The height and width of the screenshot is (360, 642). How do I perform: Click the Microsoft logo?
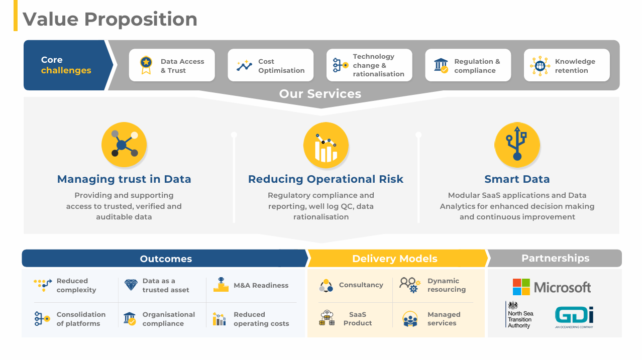(x=552, y=287)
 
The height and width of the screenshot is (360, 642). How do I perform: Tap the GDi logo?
(x=574, y=317)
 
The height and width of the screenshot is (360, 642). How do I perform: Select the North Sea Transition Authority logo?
(x=519, y=314)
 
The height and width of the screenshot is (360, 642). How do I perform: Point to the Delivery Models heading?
(x=395, y=259)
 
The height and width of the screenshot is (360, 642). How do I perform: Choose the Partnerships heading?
(x=555, y=258)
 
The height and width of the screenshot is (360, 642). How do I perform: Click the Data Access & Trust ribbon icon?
(x=146, y=65)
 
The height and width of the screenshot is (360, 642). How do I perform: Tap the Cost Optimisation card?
(x=271, y=65)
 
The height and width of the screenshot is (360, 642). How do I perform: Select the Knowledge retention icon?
(x=540, y=66)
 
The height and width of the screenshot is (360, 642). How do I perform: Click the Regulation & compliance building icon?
(x=441, y=66)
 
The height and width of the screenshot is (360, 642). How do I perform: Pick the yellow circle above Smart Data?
(x=517, y=145)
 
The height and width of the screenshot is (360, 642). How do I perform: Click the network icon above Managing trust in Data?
(x=124, y=145)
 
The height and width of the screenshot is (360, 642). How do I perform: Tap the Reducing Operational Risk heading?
(x=326, y=179)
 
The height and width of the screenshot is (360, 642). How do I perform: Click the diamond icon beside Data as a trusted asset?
(x=131, y=285)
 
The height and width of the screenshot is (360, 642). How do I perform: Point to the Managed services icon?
(x=410, y=319)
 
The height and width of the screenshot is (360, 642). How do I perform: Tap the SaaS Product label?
(x=357, y=319)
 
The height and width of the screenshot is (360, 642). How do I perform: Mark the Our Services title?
(x=320, y=94)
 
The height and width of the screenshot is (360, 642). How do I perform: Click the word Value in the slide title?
(x=50, y=19)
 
